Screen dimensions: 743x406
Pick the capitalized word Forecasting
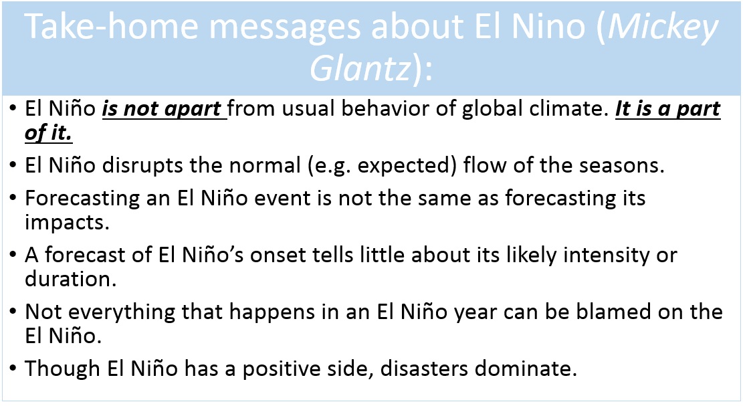[82, 199]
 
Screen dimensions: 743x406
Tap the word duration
[71, 280]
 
